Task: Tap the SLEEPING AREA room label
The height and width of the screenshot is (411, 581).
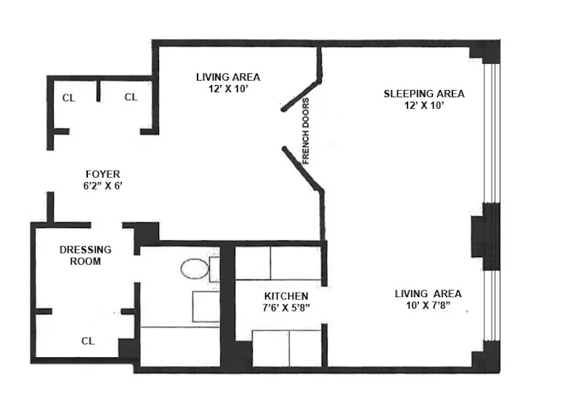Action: (x=423, y=94)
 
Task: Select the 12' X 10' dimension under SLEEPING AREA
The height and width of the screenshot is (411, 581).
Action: (x=423, y=105)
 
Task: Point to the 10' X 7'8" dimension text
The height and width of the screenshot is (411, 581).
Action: (x=428, y=305)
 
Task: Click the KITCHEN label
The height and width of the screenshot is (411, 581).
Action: (x=286, y=296)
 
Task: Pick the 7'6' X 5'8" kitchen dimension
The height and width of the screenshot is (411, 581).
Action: (x=286, y=308)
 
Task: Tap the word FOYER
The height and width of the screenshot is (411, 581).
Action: (x=102, y=174)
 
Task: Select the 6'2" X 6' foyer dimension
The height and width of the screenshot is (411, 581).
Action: (x=102, y=185)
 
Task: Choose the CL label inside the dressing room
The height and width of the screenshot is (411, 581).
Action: (x=87, y=340)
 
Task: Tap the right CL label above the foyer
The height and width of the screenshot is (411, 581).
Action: (x=131, y=97)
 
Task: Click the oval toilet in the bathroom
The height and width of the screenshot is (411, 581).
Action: (x=195, y=270)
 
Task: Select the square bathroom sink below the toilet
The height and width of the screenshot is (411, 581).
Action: (x=206, y=306)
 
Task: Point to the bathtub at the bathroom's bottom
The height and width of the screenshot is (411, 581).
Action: (x=179, y=346)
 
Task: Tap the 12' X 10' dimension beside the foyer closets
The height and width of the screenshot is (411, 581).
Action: (x=228, y=88)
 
